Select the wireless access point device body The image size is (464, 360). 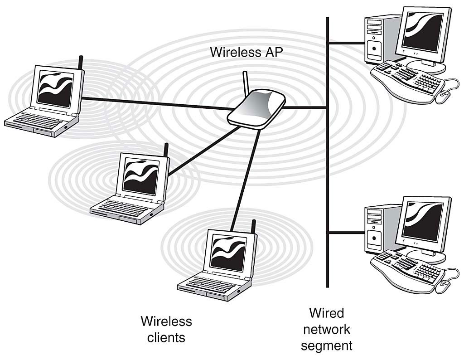(x=256, y=109)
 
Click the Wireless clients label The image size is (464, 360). (x=166, y=329)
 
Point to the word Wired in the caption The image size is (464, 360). (x=326, y=313)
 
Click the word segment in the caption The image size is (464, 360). (x=326, y=346)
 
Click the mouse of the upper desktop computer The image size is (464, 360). (x=444, y=95)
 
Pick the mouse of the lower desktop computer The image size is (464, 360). (x=444, y=285)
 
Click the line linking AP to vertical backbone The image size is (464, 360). (x=306, y=108)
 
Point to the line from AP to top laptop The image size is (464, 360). (x=154, y=103)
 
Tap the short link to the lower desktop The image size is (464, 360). (x=347, y=233)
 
